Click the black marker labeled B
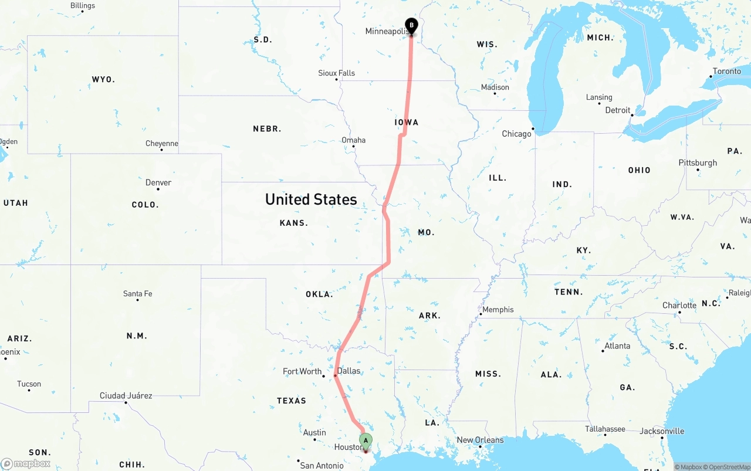(x=411, y=26)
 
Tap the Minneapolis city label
(x=387, y=31)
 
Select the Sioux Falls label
(x=336, y=73)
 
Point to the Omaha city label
(x=353, y=140)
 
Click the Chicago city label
(x=516, y=134)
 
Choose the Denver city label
(x=158, y=183)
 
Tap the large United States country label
(x=311, y=199)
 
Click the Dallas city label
(x=349, y=371)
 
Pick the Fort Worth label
(x=302, y=371)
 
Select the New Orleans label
(x=480, y=440)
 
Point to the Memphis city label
(x=498, y=310)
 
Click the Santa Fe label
(x=137, y=293)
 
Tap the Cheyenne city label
(x=162, y=144)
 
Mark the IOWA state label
(x=407, y=122)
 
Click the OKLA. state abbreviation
(x=319, y=294)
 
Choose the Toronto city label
(x=727, y=72)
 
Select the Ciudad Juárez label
(x=126, y=396)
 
